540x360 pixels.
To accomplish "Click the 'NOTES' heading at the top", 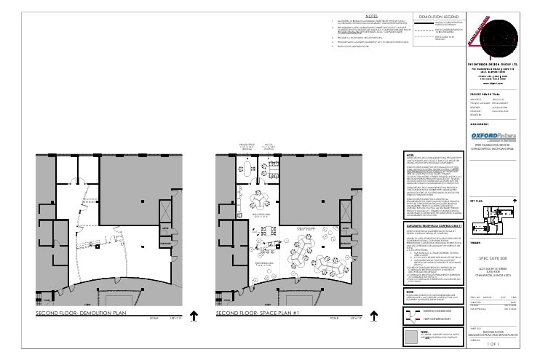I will pos(371,15).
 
